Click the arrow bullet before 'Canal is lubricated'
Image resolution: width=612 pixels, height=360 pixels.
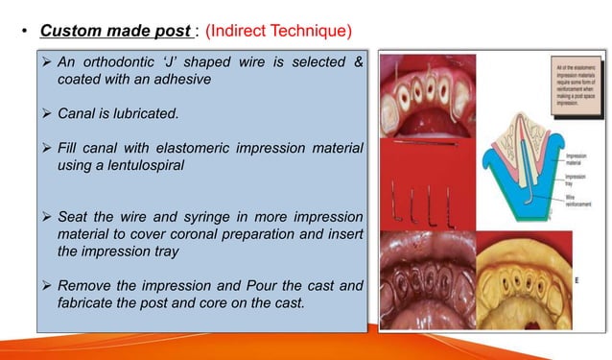pyautogui.click(x=46, y=115)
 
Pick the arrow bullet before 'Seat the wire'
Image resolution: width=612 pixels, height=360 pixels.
pyautogui.click(x=46, y=215)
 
